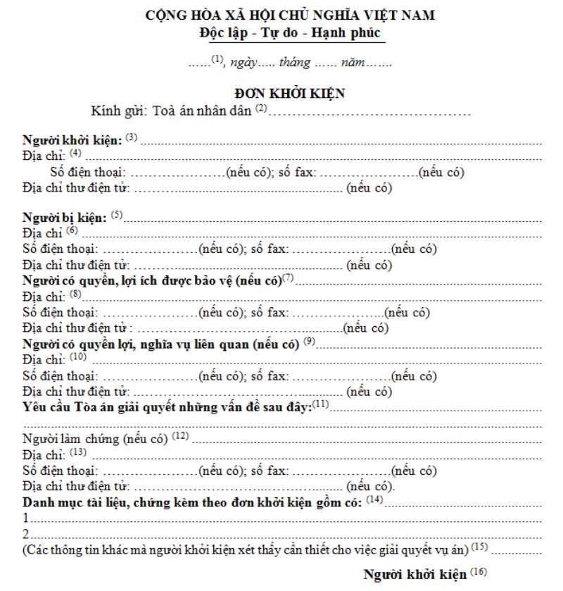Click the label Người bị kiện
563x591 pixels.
tap(66, 216)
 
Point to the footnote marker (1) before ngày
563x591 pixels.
tap(217, 60)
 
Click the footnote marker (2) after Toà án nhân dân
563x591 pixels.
tap(262, 108)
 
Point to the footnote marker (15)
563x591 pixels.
tap(479, 546)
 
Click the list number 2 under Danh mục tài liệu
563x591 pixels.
tap(26, 533)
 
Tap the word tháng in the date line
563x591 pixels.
tap(294, 62)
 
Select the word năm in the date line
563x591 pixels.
tap(353, 62)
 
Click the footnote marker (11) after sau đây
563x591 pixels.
tap(321, 404)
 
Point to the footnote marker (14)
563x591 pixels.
tap(374, 499)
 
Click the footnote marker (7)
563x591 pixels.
tap(287, 278)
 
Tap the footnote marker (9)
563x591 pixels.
tap(310, 342)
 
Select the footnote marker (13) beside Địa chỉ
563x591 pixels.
tap(78, 452)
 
